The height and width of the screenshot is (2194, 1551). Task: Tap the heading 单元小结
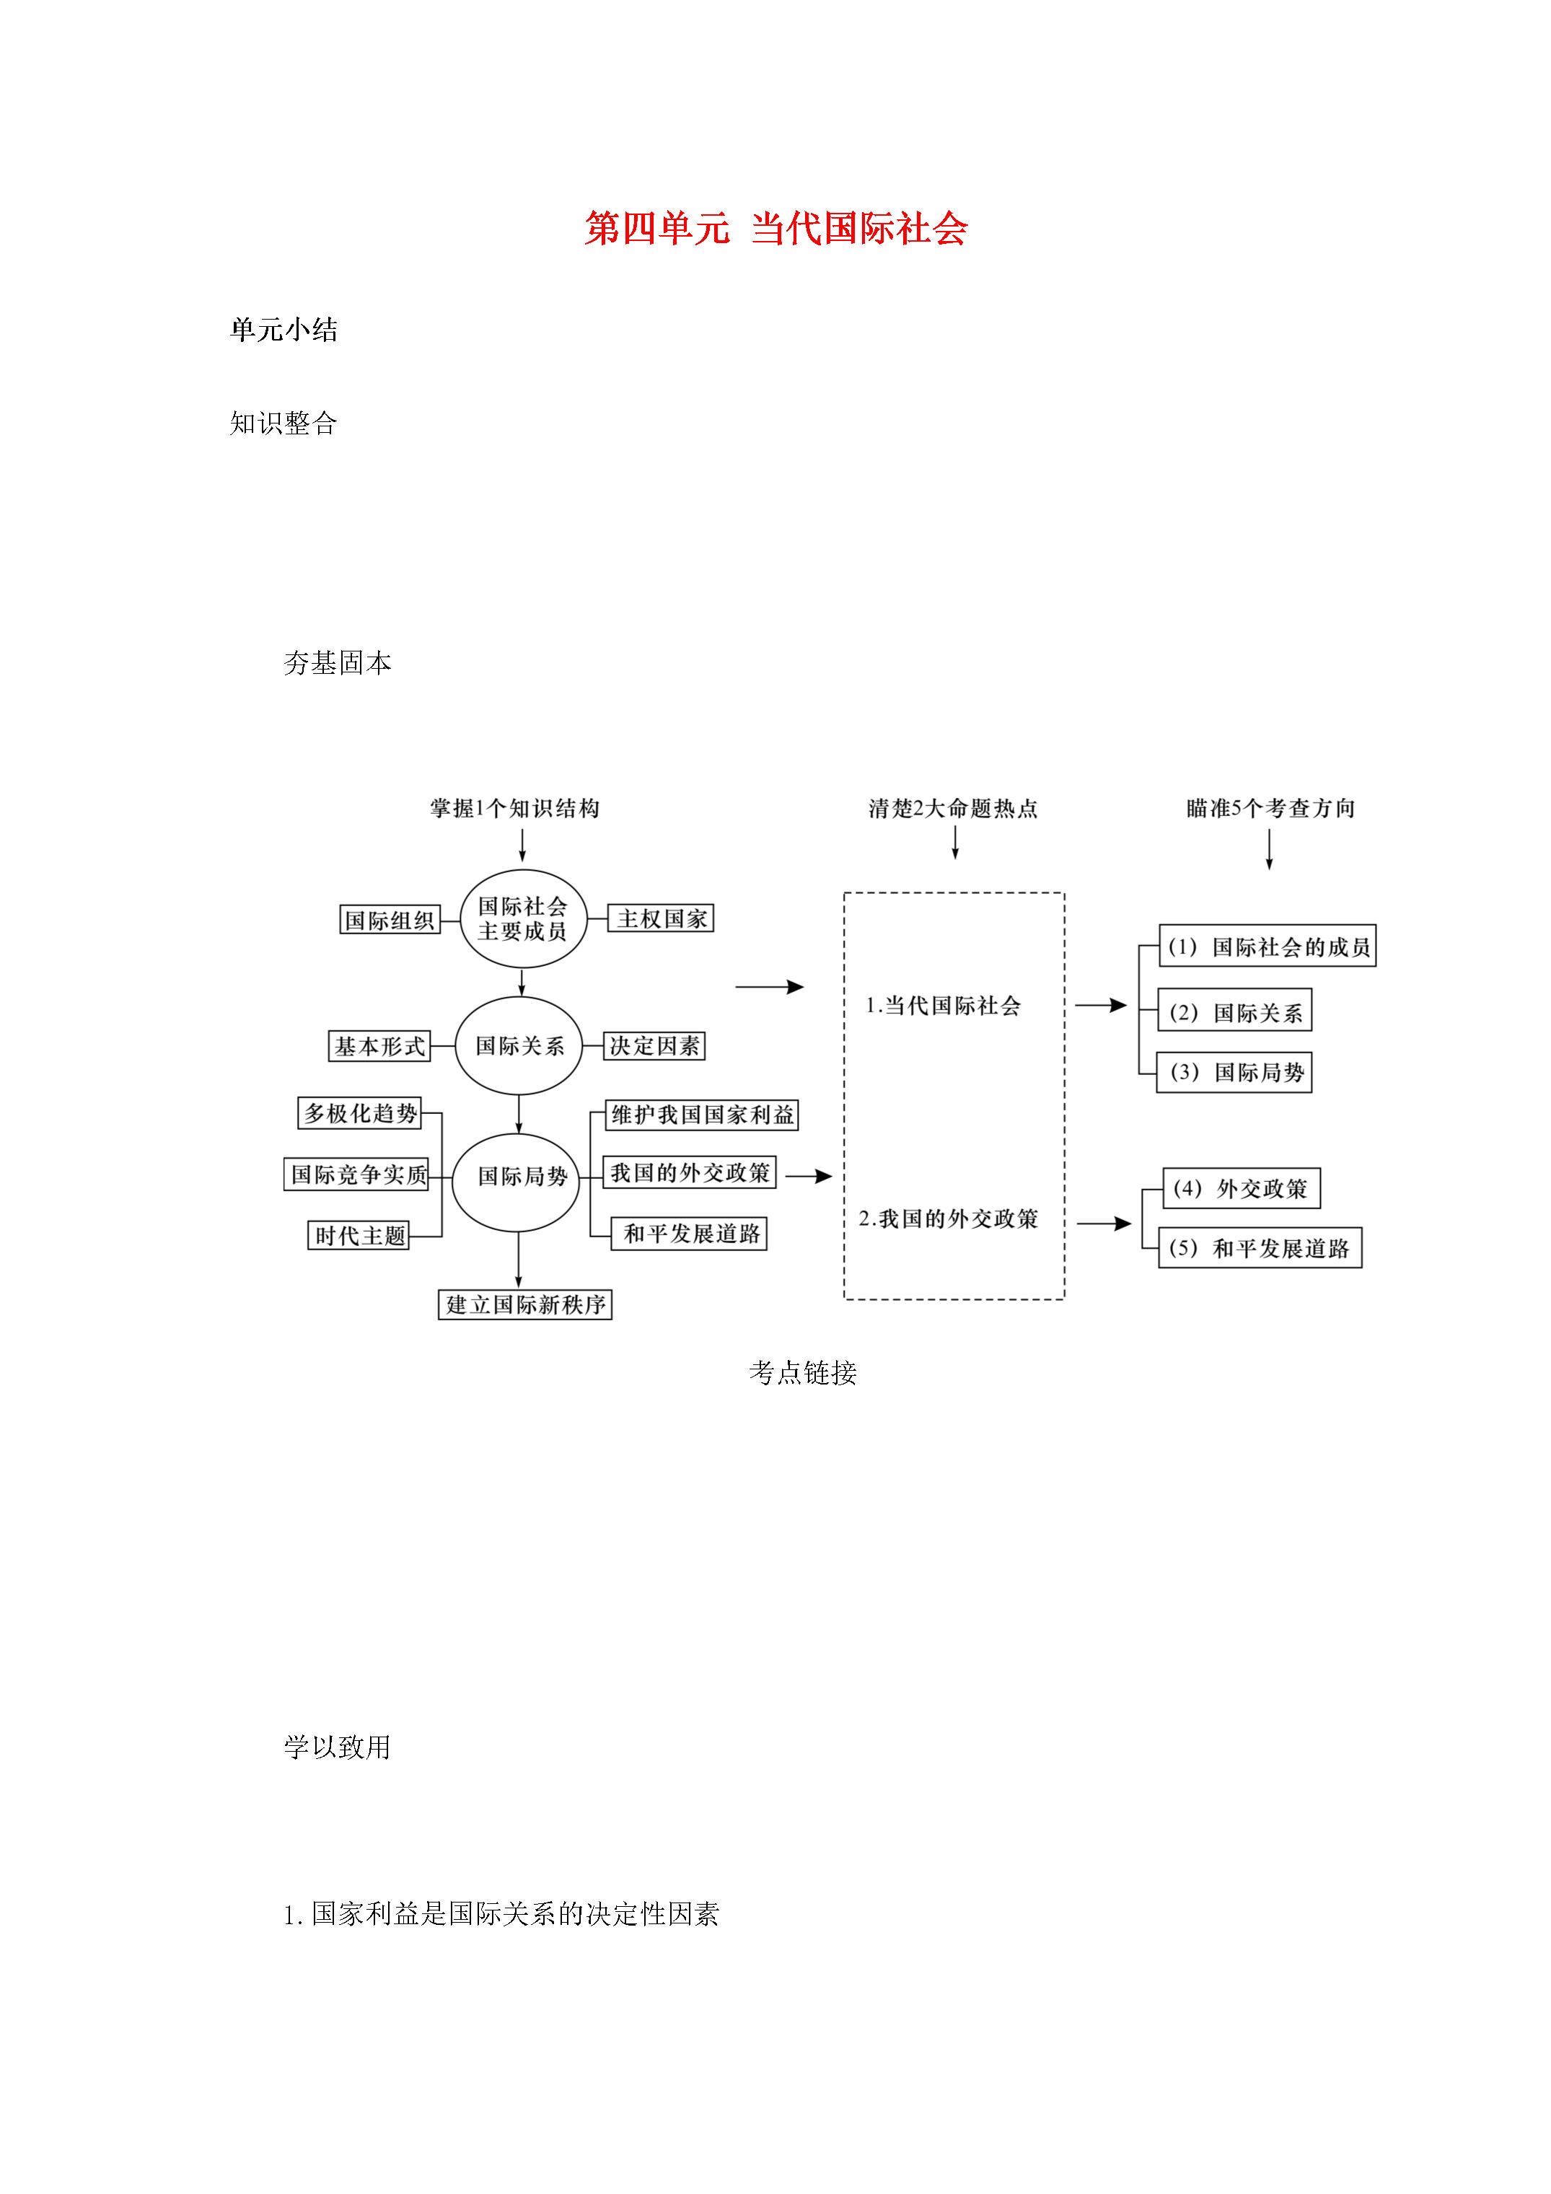(284, 330)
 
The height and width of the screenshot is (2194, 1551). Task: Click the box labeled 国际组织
(390, 919)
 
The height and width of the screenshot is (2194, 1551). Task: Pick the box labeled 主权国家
(662, 918)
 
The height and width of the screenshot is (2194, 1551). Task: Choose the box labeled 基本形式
(379, 1046)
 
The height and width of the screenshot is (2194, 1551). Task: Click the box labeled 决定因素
(654, 1045)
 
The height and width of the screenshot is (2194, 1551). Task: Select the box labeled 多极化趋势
(360, 1113)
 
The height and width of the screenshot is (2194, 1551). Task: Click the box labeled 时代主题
(359, 1236)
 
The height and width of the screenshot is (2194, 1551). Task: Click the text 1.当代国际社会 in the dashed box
(943, 1005)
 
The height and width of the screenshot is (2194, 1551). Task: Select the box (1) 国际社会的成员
(1267, 946)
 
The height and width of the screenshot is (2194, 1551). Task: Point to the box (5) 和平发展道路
(1260, 1248)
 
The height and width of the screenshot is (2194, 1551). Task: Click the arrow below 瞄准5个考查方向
(1269, 849)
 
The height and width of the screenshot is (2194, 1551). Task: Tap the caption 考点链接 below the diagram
(803, 1373)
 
